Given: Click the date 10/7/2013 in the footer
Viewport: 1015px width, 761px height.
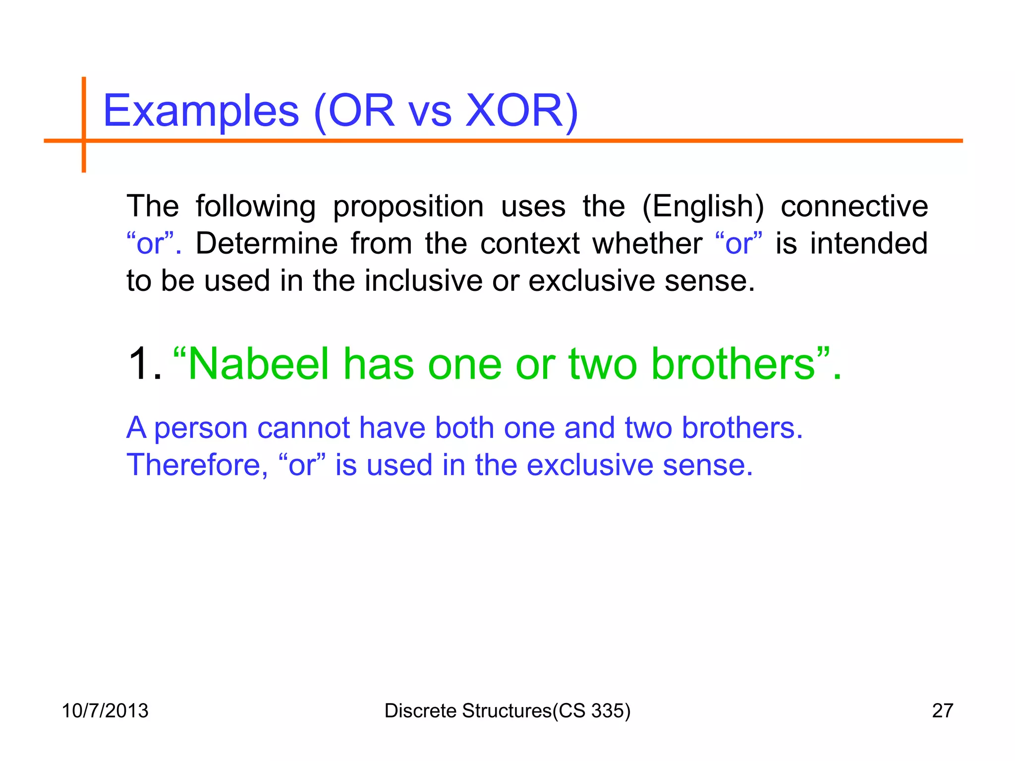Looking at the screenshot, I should coord(105,710).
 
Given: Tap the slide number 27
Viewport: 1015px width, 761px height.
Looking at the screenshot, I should coord(942,710).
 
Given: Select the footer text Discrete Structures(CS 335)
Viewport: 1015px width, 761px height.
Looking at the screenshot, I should coord(507,710).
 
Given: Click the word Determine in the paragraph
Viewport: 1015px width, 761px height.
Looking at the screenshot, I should coord(267,243).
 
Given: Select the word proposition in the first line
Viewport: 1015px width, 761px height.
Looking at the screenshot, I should coord(408,207).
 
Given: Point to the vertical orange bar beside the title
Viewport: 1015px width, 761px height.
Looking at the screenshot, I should coord(84,124).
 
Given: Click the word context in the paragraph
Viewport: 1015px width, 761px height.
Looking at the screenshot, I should coord(530,243).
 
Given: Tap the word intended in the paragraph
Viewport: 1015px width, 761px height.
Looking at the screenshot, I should coord(869,243).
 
